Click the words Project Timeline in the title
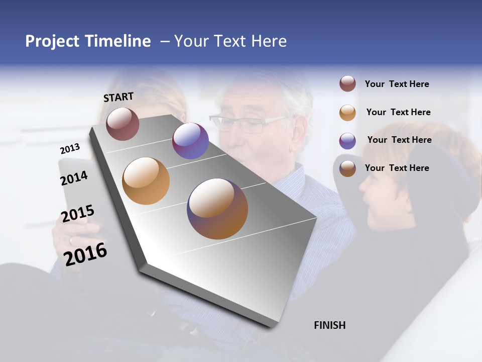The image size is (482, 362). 88,41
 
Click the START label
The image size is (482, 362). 118,97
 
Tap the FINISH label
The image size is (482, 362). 329,325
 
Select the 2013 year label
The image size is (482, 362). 70,149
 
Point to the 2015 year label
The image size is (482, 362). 78,214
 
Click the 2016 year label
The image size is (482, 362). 85,254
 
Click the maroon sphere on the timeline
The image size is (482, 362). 123,124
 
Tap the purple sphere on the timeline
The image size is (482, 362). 190,141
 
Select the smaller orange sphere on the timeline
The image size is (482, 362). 146,181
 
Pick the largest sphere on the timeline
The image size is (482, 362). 217,209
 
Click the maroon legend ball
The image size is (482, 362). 347,84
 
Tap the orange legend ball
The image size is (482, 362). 347,113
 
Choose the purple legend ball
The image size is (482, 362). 347,141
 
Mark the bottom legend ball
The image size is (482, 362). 347,168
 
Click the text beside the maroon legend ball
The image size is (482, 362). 397,84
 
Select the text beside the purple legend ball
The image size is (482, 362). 399,140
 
